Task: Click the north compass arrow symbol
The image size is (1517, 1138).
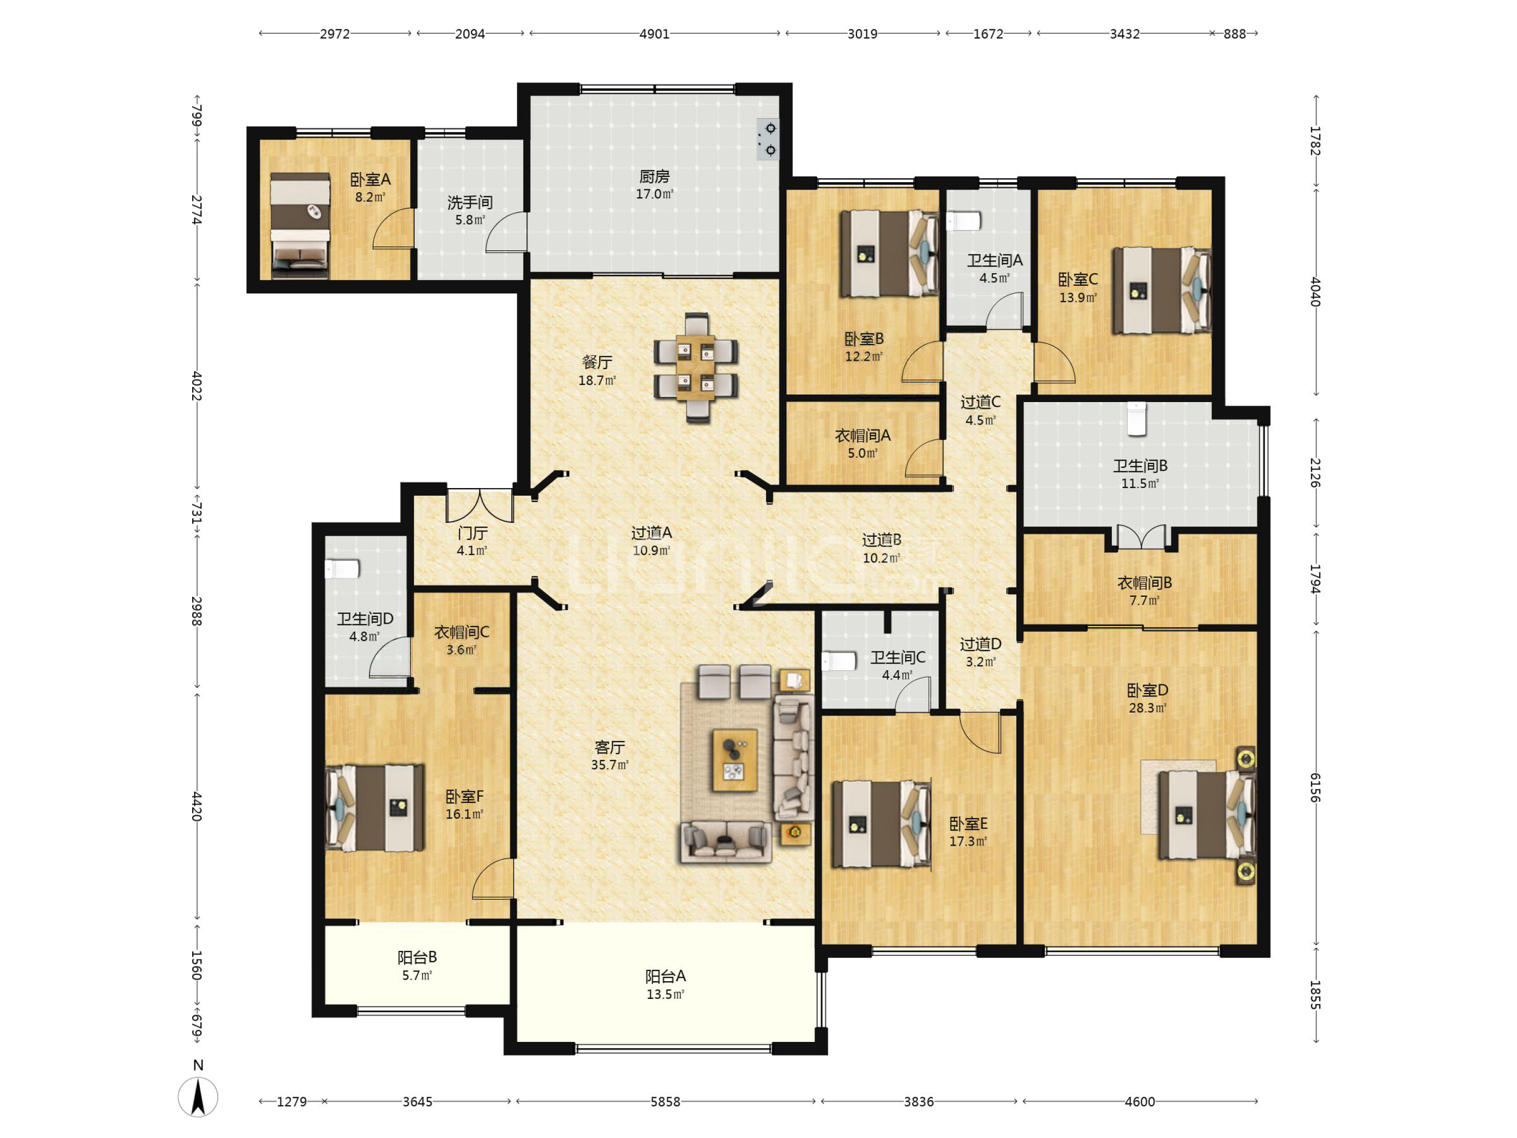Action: point(198,1096)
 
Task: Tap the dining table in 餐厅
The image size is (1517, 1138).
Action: point(695,368)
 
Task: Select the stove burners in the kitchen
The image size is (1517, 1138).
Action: point(768,139)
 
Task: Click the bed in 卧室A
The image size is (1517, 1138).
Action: point(300,226)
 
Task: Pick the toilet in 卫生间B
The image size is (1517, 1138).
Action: point(1136,418)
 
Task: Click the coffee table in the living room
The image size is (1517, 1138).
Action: point(735,760)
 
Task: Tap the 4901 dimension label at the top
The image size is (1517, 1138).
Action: point(654,33)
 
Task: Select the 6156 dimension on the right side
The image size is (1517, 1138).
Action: point(1315,787)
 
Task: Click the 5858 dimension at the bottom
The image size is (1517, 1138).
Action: point(665,1102)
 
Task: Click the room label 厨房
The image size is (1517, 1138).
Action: point(654,177)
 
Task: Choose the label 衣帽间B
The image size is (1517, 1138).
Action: point(1145,582)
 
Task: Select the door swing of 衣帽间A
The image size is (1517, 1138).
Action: point(924,458)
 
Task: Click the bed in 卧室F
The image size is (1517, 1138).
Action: point(375,808)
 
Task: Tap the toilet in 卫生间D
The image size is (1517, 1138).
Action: point(342,568)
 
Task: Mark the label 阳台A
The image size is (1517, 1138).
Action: point(665,976)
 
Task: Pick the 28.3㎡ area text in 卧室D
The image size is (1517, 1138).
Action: point(1147,708)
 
